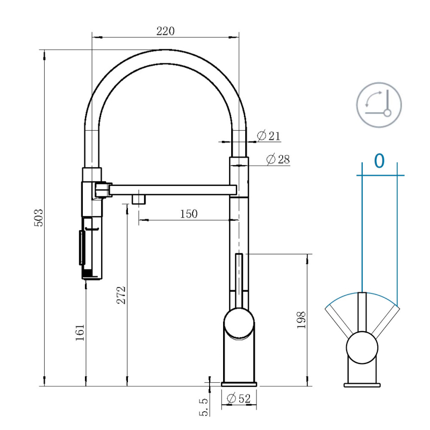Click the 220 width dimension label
click(x=166, y=31)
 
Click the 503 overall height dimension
click(x=38, y=218)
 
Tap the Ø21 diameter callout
click(x=269, y=135)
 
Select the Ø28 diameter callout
click(x=278, y=159)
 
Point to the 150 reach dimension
click(x=189, y=213)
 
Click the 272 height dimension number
click(x=121, y=295)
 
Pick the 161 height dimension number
click(x=80, y=333)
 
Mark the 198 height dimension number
click(x=301, y=320)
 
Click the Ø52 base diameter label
click(x=239, y=398)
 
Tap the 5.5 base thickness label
click(x=204, y=407)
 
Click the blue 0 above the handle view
click(x=379, y=161)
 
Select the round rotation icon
click(x=379, y=105)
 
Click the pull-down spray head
click(x=92, y=248)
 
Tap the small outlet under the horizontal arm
click(x=139, y=199)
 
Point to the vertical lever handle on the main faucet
click(x=239, y=281)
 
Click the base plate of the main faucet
click(x=239, y=384)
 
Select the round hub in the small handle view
click(x=362, y=347)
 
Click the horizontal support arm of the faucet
click(x=173, y=190)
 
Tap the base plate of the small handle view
click(x=362, y=385)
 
